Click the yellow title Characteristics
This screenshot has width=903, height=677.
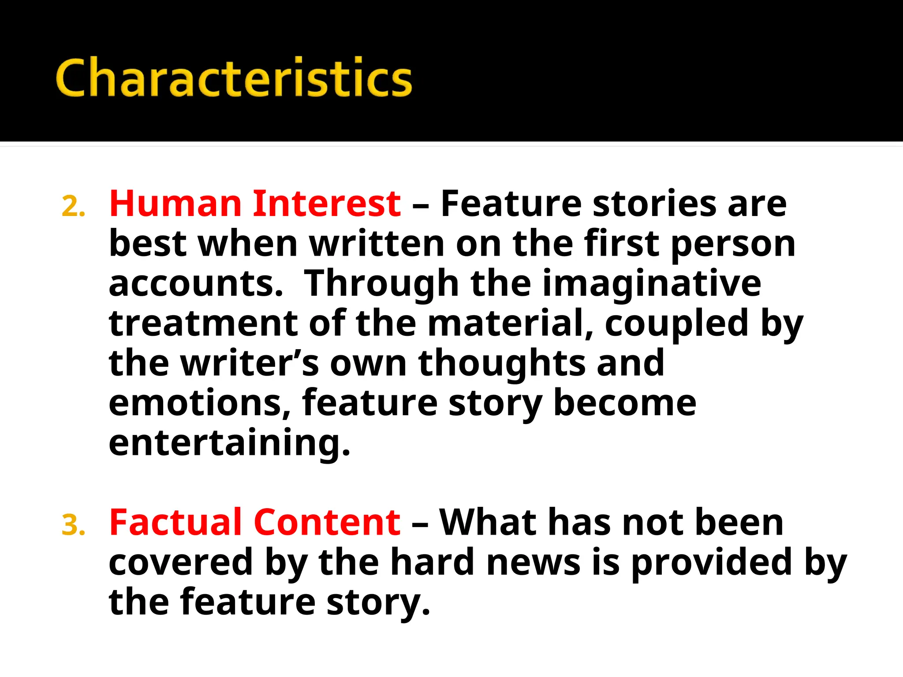(x=234, y=78)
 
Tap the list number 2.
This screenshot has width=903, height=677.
(x=73, y=207)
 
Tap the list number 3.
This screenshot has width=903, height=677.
(x=73, y=525)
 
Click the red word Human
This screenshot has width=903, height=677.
(x=175, y=204)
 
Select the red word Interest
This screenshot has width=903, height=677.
(x=327, y=204)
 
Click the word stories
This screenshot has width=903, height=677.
(x=654, y=204)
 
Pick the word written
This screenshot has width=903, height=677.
(x=377, y=244)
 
